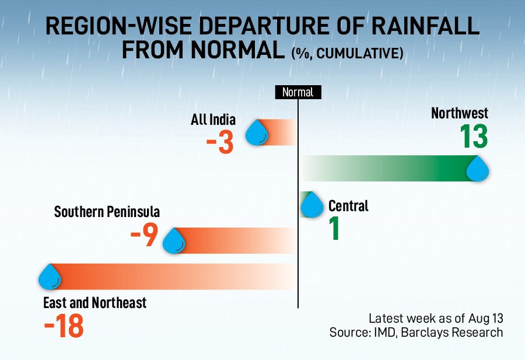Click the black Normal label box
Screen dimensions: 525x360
[x=298, y=92]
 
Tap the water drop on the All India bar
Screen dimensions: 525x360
[x=257, y=132]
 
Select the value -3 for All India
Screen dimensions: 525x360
[x=220, y=143]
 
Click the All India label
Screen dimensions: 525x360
[x=213, y=120]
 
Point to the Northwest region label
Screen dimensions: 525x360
[x=460, y=113]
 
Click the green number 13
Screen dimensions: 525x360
[x=474, y=137]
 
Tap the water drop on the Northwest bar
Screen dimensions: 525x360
[x=477, y=169]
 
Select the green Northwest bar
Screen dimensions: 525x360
[x=388, y=169]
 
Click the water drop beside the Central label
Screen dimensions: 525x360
[x=312, y=205]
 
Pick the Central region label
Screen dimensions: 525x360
[x=348, y=205]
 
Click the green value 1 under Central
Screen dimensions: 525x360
[x=335, y=228]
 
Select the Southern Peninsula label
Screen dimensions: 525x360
[x=107, y=212]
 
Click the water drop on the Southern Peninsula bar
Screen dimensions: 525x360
[x=174, y=241]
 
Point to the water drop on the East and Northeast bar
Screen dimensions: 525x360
[x=50, y=277]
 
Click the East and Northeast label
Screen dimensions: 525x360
[x=94, y=303]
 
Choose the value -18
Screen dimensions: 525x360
[x=64, y=326]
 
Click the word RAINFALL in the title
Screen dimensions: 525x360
[x=425, y=26]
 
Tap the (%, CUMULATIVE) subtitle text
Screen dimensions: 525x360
[x=347, y=53]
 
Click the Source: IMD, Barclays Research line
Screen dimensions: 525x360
[x=416, y=332]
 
